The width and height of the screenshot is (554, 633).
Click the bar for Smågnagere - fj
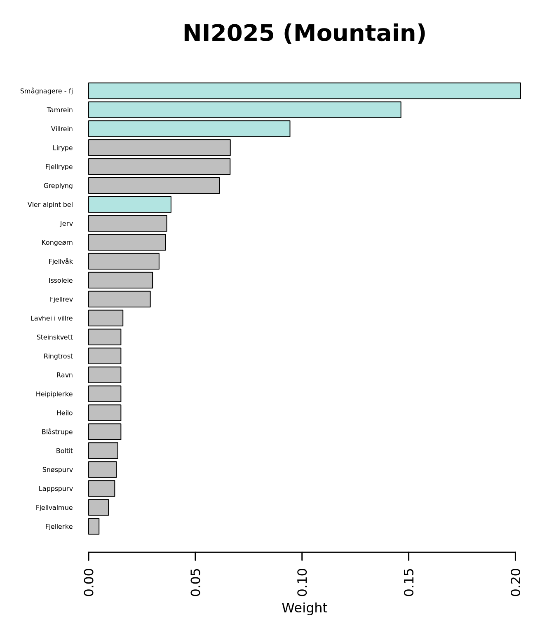[304, 91]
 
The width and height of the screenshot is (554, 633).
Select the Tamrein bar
[244, 110]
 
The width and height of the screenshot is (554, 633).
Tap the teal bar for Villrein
[189, 129]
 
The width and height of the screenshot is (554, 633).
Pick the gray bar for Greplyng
[154, 185]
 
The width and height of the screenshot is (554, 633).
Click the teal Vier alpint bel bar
[130, 204]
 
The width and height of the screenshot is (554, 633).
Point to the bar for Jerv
[127, 223]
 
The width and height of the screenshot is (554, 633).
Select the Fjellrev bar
[119, 299]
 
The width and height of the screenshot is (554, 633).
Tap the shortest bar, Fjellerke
[94, 526]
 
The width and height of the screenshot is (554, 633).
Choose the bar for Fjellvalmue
[99, 507]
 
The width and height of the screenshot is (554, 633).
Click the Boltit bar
[103, 450]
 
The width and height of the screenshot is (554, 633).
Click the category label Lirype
[63, 148]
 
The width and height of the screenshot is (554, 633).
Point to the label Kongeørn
[57, 243]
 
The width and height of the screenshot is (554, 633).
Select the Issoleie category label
[61, 281]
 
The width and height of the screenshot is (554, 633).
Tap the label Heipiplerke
[54, 394]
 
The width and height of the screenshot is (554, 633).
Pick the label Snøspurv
[58, 470]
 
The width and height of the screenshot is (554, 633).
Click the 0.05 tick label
[195, 582]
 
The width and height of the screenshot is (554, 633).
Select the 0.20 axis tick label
[515, 582]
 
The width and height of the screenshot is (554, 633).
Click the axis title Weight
[304, 608]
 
